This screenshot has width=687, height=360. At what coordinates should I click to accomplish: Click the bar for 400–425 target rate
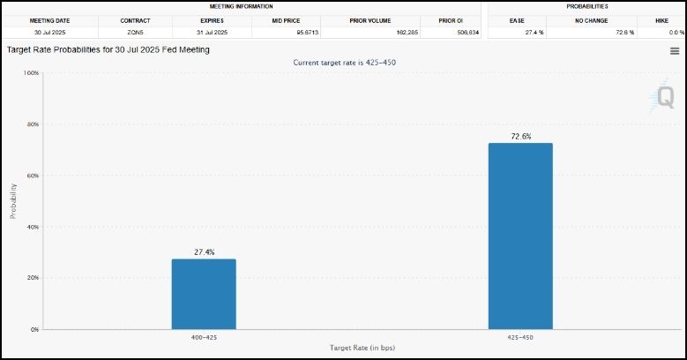[x=204, y=294]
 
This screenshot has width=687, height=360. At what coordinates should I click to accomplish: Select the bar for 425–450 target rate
[x=520, y=236]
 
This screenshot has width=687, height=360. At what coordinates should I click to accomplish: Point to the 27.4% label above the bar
[x=204, y=252]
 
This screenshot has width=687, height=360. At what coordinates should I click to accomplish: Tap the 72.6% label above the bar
[x=520, y=137]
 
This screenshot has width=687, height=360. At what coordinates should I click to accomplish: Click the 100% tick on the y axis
[x=30, y=73]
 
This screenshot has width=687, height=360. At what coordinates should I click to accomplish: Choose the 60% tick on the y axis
[x=31, y=176]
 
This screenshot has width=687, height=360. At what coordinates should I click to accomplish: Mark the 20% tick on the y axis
[x=31, y=278]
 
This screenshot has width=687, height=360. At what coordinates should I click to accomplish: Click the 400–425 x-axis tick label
[x=204, y=337]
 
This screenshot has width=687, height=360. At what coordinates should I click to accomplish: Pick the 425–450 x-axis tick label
[x=520, y=337]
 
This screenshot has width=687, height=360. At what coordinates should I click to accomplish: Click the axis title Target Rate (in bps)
[x=362, y=349]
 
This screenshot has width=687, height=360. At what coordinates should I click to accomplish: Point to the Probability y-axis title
[x=13, y=201]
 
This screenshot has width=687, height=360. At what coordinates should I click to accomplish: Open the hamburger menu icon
[x=675, y=51]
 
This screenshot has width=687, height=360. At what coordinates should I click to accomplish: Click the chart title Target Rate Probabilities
[x=108, y=50]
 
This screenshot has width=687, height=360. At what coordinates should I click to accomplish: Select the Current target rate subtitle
[x=344, y=63]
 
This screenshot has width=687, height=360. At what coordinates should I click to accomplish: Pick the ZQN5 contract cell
[x=135, y=32]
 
